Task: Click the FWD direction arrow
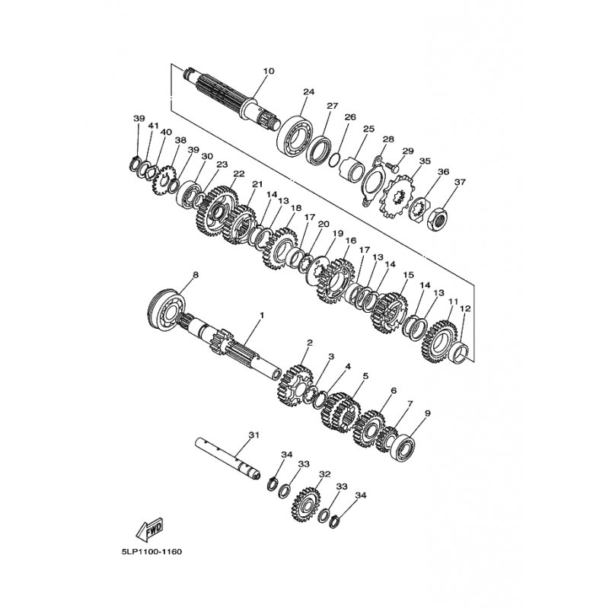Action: (x=149, y=530)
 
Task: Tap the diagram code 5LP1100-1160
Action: (x=148, y=551)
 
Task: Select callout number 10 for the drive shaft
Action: (x=269, y=71)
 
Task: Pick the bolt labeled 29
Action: (x=393, y=167)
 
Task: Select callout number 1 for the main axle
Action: (x=262, y=315)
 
